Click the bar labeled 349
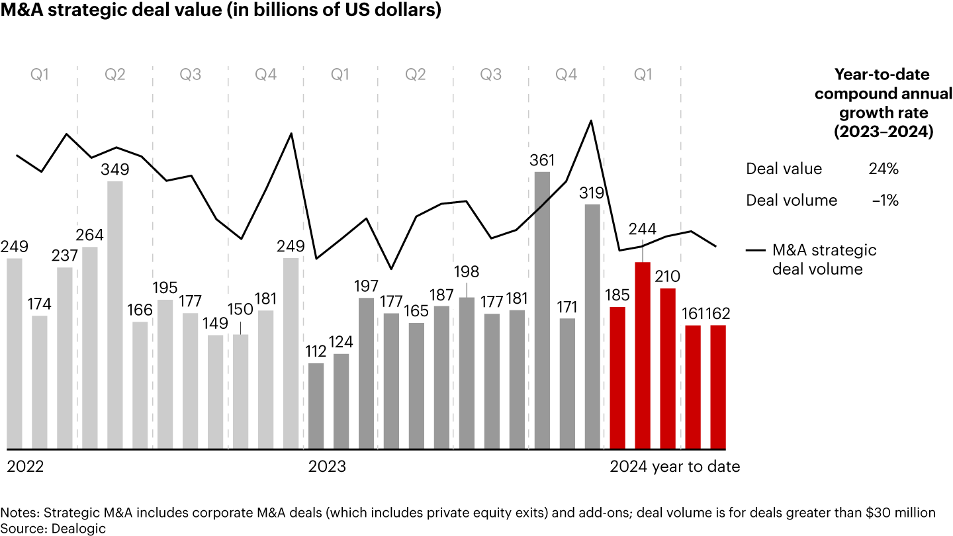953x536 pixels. (115, 314)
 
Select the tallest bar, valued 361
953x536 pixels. (542, 310)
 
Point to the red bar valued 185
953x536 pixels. (617, 377)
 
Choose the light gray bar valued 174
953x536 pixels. (40, 382)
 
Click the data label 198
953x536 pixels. (467, 272)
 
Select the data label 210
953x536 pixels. (668, 275)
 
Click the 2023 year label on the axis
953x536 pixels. (327, 467)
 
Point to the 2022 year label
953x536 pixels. (25, 467)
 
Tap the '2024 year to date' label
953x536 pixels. (674, 467)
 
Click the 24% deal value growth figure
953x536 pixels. (884, 169)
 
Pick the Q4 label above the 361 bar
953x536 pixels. (566, 75)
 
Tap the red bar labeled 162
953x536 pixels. (718, 386)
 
